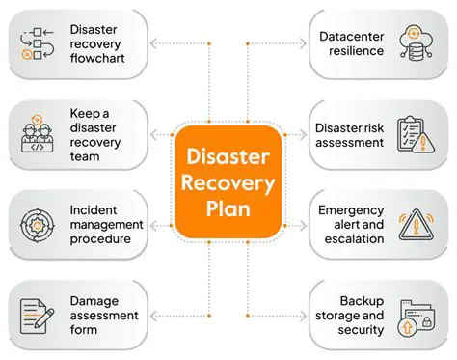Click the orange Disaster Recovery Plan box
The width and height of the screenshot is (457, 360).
[228, 181]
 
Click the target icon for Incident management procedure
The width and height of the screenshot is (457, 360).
[37, 224]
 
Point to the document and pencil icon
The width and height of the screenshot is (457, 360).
[37, 315]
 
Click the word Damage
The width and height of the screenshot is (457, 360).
[95, 300]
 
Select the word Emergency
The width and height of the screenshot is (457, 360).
[351, 209]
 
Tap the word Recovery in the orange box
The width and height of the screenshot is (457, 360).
[228, 182]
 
